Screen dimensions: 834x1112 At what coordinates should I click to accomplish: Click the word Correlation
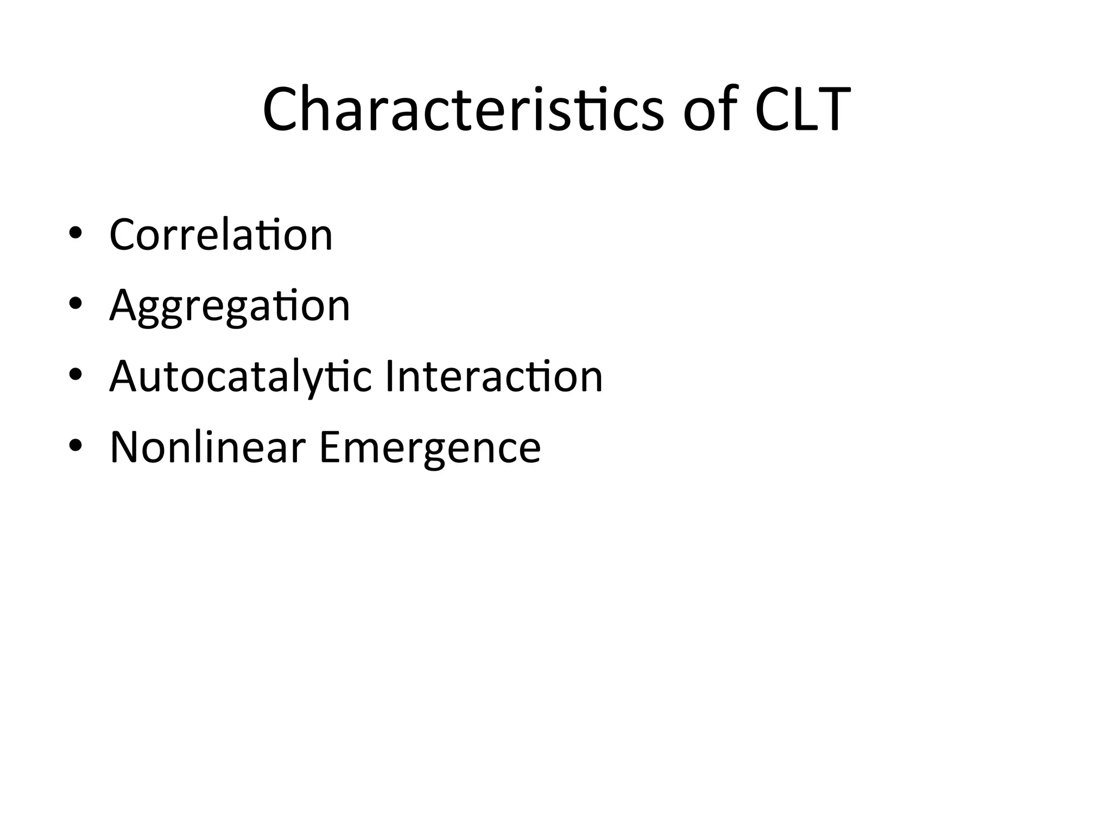click(x=220, y=235)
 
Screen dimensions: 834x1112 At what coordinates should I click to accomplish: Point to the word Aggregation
click(x=230, y=306)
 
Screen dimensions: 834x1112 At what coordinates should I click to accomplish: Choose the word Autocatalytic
click(x=241, y=376)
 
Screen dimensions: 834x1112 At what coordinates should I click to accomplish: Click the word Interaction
click(x=494, y=376)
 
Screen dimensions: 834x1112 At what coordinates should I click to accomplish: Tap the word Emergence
click(x=430, y=447)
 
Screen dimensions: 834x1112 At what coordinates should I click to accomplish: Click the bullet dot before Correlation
click(x=75, y=233)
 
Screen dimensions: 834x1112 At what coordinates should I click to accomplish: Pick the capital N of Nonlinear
click(x=125, y=447)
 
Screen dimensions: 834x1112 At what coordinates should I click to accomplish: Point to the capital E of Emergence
click(x=331, y=447)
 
